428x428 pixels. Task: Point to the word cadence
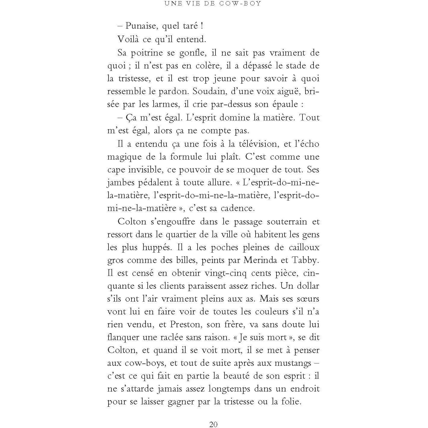point(238,208)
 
